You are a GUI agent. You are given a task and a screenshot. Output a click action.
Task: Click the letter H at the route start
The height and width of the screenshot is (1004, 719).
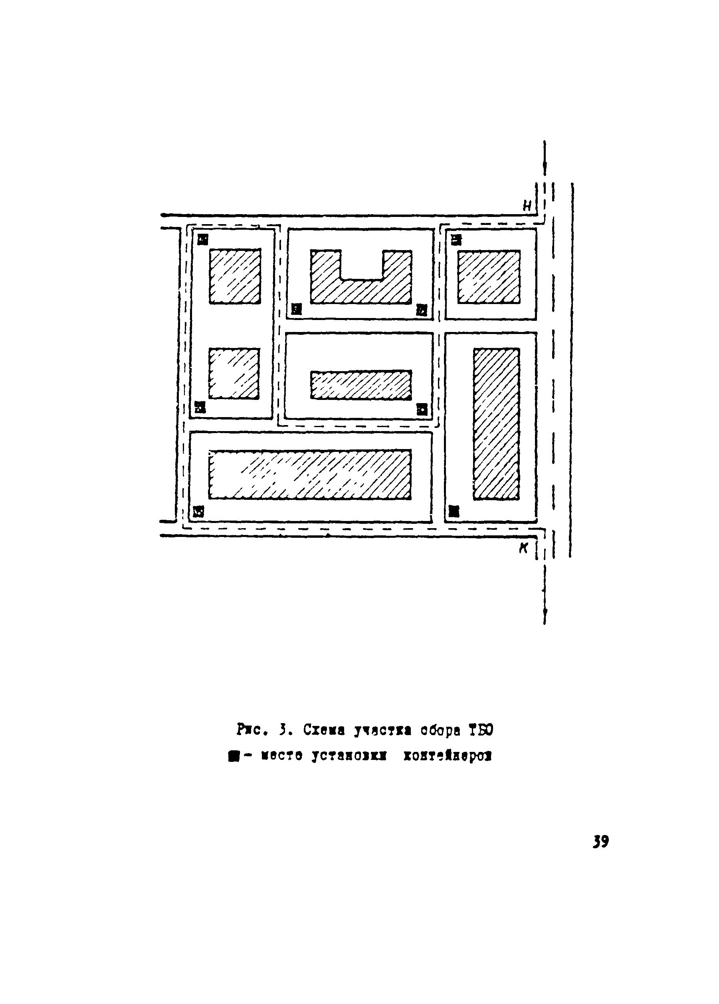(527, 205)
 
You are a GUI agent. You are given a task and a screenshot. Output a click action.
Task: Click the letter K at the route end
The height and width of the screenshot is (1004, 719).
(524, 549)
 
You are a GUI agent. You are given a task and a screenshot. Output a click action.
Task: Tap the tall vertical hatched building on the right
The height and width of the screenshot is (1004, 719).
(496, 423)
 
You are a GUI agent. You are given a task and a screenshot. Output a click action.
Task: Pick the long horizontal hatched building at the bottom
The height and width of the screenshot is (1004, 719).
(310, 475)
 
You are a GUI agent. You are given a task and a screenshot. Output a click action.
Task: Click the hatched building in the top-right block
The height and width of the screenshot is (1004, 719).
(489, 277)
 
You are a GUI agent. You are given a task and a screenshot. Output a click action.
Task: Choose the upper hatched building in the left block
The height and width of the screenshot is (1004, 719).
(234, 276)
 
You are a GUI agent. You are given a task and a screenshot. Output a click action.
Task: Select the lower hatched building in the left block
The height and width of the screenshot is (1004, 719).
(234, 373)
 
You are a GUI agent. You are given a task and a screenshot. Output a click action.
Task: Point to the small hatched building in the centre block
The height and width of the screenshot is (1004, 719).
(360, 384)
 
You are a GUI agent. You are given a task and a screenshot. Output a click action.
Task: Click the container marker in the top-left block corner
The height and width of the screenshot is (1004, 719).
(203, 239)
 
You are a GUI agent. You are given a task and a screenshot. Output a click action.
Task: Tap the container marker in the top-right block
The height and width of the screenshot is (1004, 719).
(456, 239)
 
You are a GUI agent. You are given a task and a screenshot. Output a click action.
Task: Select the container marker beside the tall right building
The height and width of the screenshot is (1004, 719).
(454, 511)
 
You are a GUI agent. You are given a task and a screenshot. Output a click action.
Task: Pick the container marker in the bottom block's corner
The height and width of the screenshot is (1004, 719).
(199, 512)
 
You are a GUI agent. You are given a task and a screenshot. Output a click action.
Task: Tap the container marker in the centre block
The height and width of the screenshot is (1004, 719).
(422, 409)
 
